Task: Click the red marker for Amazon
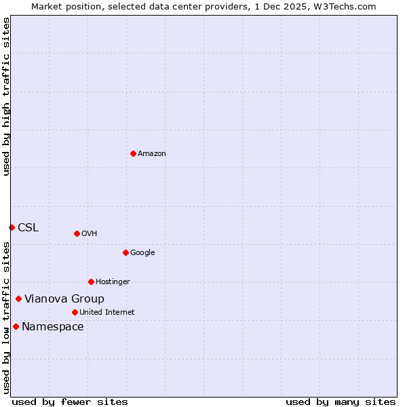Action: tap(133, 153)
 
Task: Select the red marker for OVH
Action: tap(77, 233)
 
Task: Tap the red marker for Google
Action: tap(125, 252)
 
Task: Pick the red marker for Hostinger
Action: tap(91, 282)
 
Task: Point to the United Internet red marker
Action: tap(75, 312)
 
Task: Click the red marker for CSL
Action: tap(12, 227)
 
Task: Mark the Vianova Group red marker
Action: tap(18, 298)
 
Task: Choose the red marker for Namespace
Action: tap(16, 326)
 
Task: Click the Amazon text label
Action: tap(152, 154)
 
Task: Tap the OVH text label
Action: tap(89, 234)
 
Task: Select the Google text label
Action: tap(142, 253)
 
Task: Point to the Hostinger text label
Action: tap(113, 282)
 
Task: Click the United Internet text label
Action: tap(106, 313)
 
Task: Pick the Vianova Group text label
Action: tap(64, 299)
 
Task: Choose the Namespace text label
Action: tap(53, 327)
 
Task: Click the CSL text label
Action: tap(28, 228)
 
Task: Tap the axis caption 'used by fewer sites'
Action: tap(70, 402)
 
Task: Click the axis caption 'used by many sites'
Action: tap(341, 402)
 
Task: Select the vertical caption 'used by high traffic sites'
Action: tap(6, 96)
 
